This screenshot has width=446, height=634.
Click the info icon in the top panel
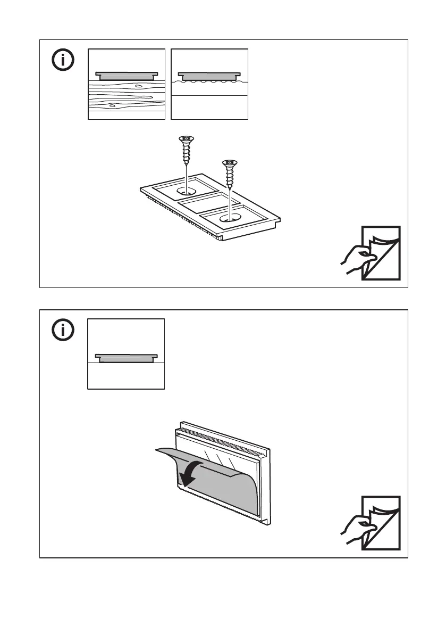pos(64,60)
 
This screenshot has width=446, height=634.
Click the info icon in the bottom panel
pos(64,331)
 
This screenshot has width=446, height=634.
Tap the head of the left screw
pos(186,139)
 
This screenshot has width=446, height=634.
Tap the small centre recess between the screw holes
pos(204,203)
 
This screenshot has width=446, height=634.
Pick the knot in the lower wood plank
pos(112,106)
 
